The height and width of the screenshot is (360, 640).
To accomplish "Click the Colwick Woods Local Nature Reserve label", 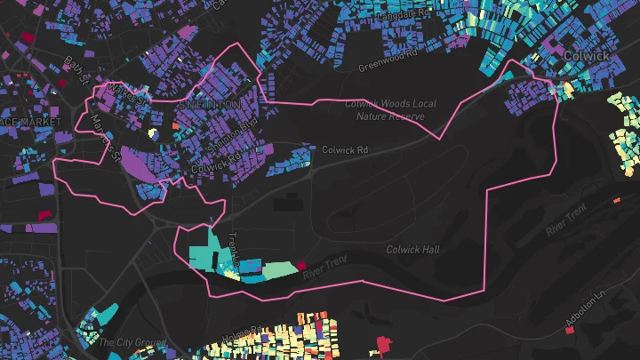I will [390, 109].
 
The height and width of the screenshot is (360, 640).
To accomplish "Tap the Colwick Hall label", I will [412, 250].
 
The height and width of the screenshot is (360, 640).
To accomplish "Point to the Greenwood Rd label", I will [388, 61].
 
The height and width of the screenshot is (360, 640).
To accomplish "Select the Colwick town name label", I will [586, 55].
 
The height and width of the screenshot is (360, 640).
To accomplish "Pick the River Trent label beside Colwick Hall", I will [323, 268].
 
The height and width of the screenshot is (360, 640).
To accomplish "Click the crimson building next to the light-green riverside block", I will [301, 265].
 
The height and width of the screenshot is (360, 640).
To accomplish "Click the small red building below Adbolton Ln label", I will [569, 331].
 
